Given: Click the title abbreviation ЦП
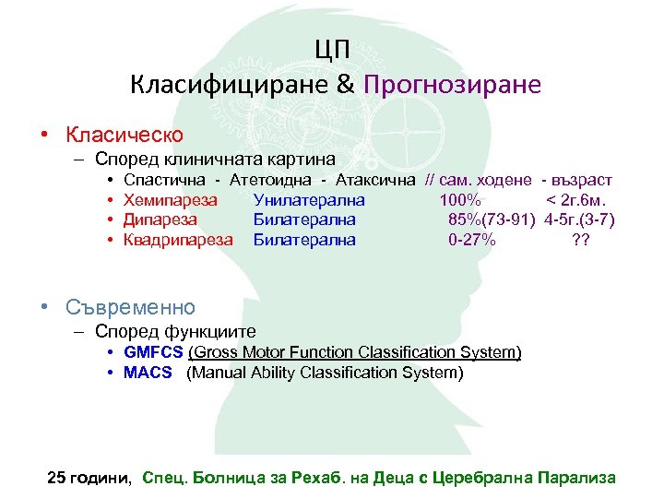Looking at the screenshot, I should click(333, 49).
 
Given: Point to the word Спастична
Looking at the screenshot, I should click(164, 180).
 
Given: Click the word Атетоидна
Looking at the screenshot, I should click(273, 180).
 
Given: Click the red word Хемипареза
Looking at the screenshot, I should click(170, 200).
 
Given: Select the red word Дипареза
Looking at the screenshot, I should click(160, 219).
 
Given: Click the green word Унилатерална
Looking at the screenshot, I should click(309, 200).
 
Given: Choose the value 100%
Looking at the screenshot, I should click(458, 200).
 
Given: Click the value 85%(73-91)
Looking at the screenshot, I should click(492, 219).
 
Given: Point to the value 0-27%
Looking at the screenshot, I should click(471, 240).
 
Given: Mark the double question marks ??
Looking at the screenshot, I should click(581, 240).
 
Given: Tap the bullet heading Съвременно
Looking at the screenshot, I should click(130, 306).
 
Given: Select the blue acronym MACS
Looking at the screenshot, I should click(148, 373).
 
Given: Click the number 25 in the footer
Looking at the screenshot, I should click(56, 478).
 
